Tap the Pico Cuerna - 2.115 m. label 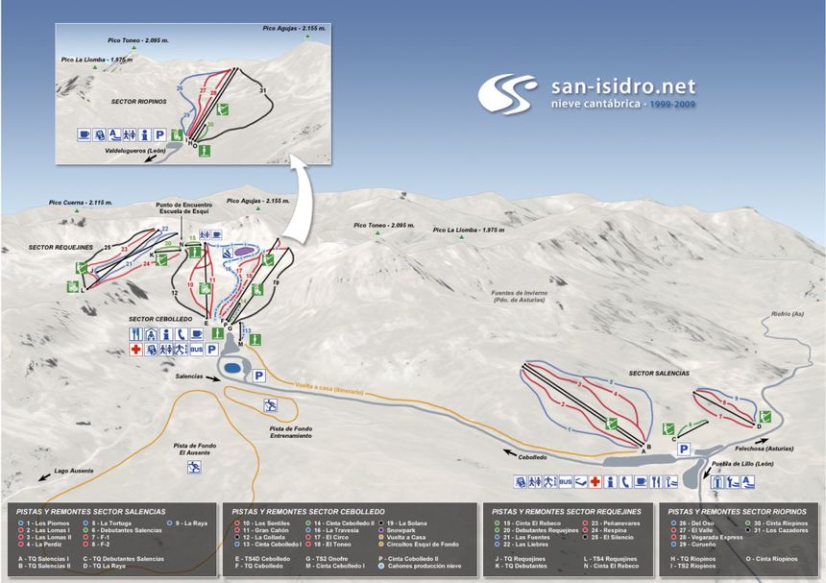pyautogui.click(x=81, y=203)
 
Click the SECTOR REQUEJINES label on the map pyautogui.click(x=61, y=247)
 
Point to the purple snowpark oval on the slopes pyautogui.click(x=245, y=250)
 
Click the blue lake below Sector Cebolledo pyautogui.click(x=231, y=368)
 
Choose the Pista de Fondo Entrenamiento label pyautogui.click(x=291, y=432)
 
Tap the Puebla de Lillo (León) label pyautogui.click(x=739, y=464)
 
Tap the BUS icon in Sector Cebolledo pyautogui.click(x=197, y=351)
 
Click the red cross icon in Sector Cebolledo pyautogui.click(x=136, y=351)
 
